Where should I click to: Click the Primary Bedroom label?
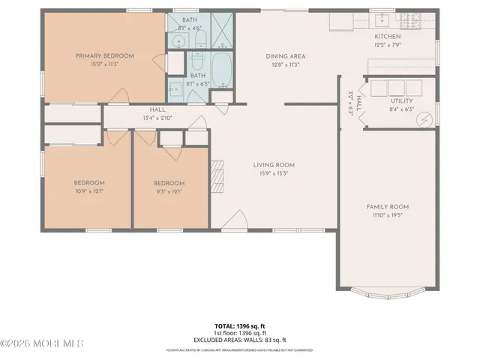pyautogui.click(x=104, y=55)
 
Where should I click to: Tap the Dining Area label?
pyautogui.click(x=285, y=56)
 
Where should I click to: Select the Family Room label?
pyautogui.click(x=387, y=206)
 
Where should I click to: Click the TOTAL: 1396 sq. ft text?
pyautogui.click(x=240, y=325)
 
